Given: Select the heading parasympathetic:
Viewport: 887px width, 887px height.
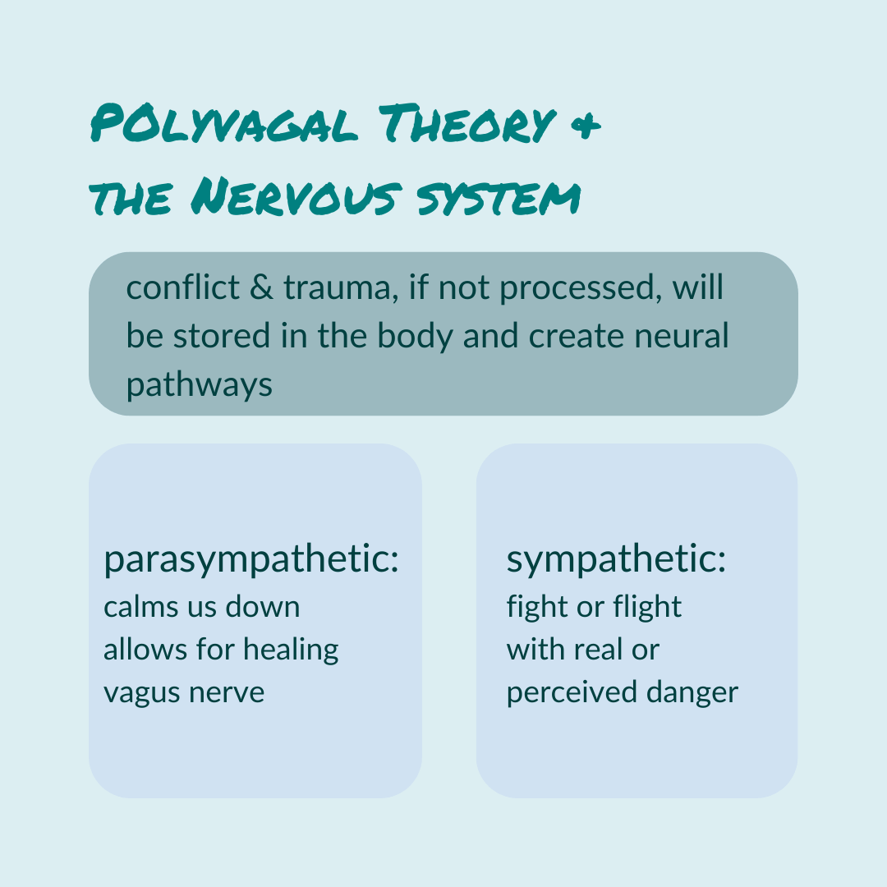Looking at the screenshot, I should click(x=251, y=561).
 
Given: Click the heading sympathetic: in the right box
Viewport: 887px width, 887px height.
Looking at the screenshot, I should click(x=616, y=561).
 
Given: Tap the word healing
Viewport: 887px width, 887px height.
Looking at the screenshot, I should click(x=294, y=650).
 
